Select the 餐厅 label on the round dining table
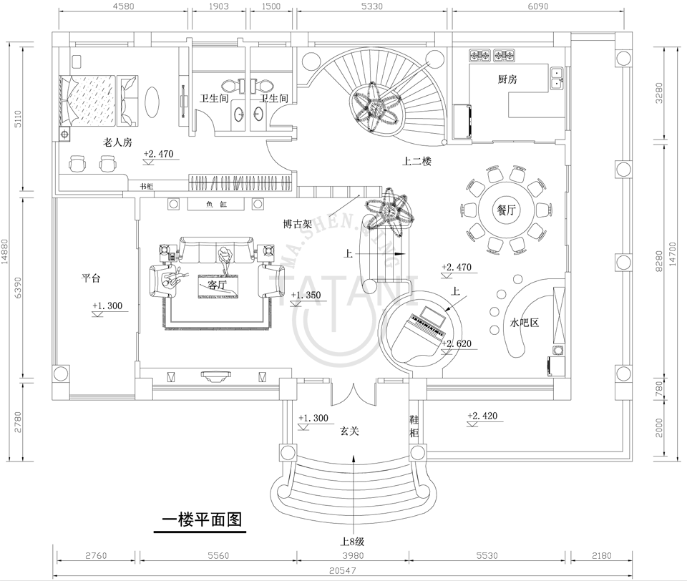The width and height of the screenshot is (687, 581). tap(507, 210)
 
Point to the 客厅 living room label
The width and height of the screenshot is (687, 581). tap(216, 284)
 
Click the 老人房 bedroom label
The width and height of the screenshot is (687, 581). tap(117, 142)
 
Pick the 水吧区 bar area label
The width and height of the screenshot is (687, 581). tap(524, 323)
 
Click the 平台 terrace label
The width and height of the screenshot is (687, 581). tap(90, 279)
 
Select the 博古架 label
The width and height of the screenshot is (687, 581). tap(297, 224)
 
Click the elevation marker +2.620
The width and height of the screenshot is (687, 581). tap(457, 344)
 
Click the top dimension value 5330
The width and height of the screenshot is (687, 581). tap(374, 7)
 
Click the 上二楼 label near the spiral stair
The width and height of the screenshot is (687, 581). tap(416, 162)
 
